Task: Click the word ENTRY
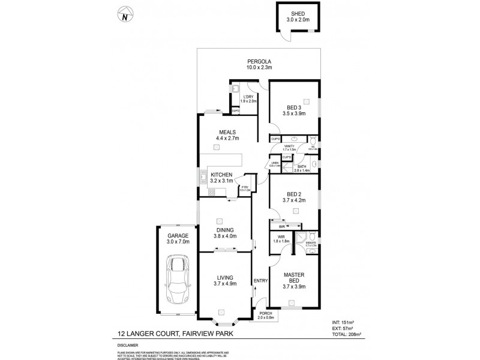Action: [x=260, y=281]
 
